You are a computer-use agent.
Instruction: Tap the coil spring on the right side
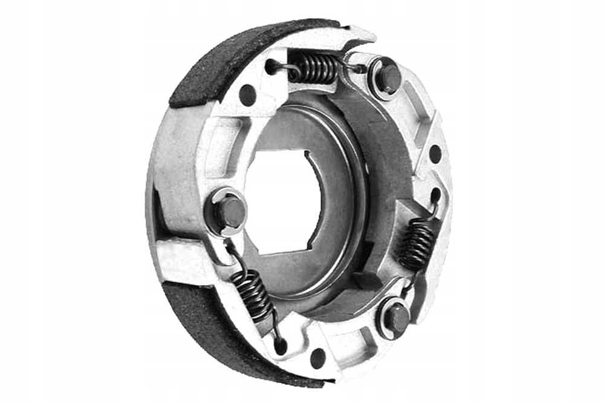(417, 243)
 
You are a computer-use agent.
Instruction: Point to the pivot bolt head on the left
(232, 212)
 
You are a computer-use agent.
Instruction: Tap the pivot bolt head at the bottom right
(396, 316)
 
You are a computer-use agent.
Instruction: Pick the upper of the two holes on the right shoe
(435, 154)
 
